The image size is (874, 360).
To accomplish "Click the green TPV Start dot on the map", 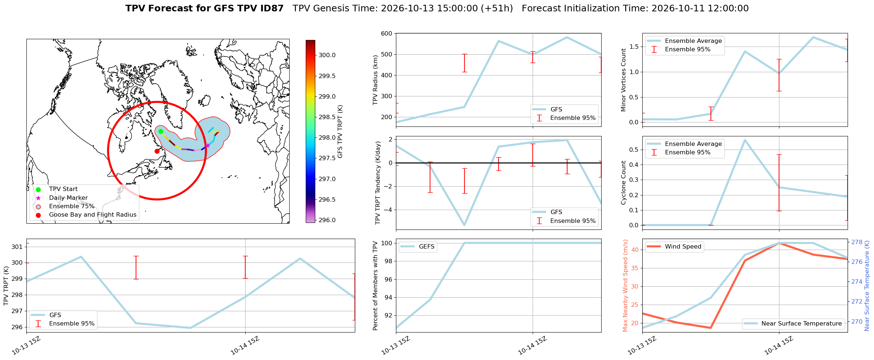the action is (x=161, y=132).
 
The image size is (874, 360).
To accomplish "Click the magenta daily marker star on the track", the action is (x=208, y=146).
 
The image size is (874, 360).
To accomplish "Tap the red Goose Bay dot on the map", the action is (x=157, y=151).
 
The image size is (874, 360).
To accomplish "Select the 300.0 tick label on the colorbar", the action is (x=327, y=55).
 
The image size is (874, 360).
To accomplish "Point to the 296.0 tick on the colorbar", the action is (x=327, y=220).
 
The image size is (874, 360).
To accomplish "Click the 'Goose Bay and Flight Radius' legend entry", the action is (x=93, y=215).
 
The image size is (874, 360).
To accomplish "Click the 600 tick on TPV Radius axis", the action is (x=387, y=34).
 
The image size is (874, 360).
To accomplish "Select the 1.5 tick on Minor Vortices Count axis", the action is (x=634, y=47).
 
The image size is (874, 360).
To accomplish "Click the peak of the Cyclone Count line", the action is (x=745, y=140).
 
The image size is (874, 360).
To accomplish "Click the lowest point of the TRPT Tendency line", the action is (x=464, y=225).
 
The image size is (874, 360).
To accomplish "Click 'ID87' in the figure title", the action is (x=271, y=8).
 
